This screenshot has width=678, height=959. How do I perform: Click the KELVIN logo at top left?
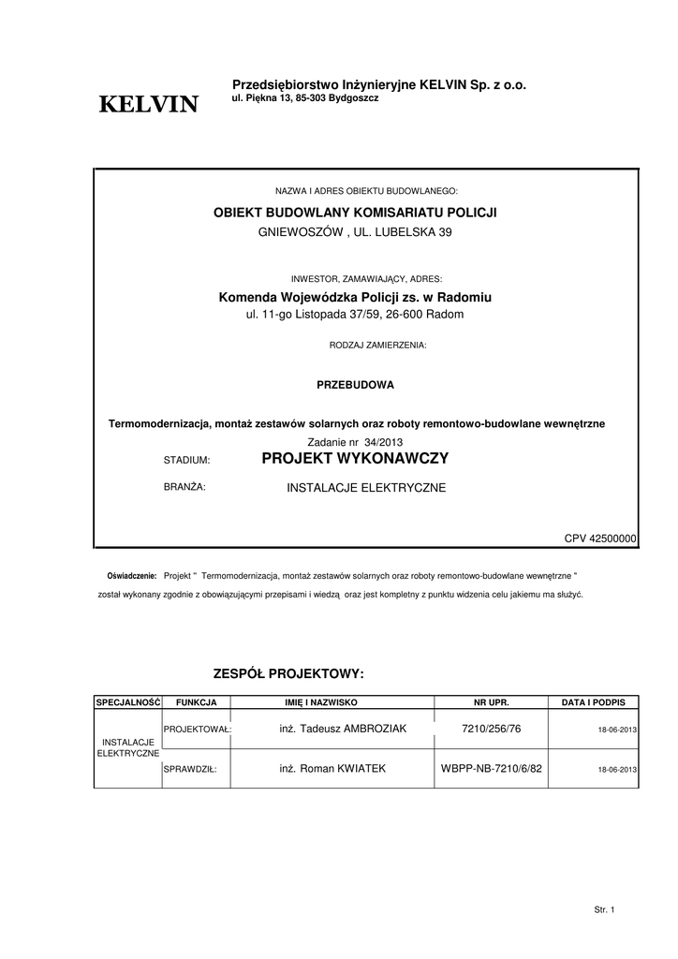point(149,105)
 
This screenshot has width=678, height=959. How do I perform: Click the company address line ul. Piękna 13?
point(304,98)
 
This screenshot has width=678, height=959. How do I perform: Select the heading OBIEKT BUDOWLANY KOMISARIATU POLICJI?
point(355,213)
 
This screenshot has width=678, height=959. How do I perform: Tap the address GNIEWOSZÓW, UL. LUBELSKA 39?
point(355,231)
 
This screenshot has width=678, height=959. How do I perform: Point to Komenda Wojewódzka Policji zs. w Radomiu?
point(355,297)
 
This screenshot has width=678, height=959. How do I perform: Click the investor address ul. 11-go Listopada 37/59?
point(355,315)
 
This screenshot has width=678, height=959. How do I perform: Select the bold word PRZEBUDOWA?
point(355,385)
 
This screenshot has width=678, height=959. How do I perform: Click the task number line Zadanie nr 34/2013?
point(355,442)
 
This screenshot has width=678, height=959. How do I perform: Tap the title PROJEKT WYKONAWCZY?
point(355,459)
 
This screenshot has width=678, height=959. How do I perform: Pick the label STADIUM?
point(187,461)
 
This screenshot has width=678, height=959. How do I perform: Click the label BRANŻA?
point(184,487)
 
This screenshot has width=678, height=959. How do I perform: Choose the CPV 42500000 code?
point(600,539)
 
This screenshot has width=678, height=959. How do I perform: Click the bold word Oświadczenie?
point(131,574)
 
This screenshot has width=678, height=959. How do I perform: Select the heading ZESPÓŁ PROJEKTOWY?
point(287,674)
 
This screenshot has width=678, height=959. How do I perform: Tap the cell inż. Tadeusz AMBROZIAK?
point(343,729)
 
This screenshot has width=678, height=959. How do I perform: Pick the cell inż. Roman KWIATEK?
point(332,769)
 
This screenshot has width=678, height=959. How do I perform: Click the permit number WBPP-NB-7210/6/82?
point(491,769)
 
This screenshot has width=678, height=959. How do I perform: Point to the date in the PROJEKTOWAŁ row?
point(617,730)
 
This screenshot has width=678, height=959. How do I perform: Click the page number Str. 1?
point(604,909)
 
